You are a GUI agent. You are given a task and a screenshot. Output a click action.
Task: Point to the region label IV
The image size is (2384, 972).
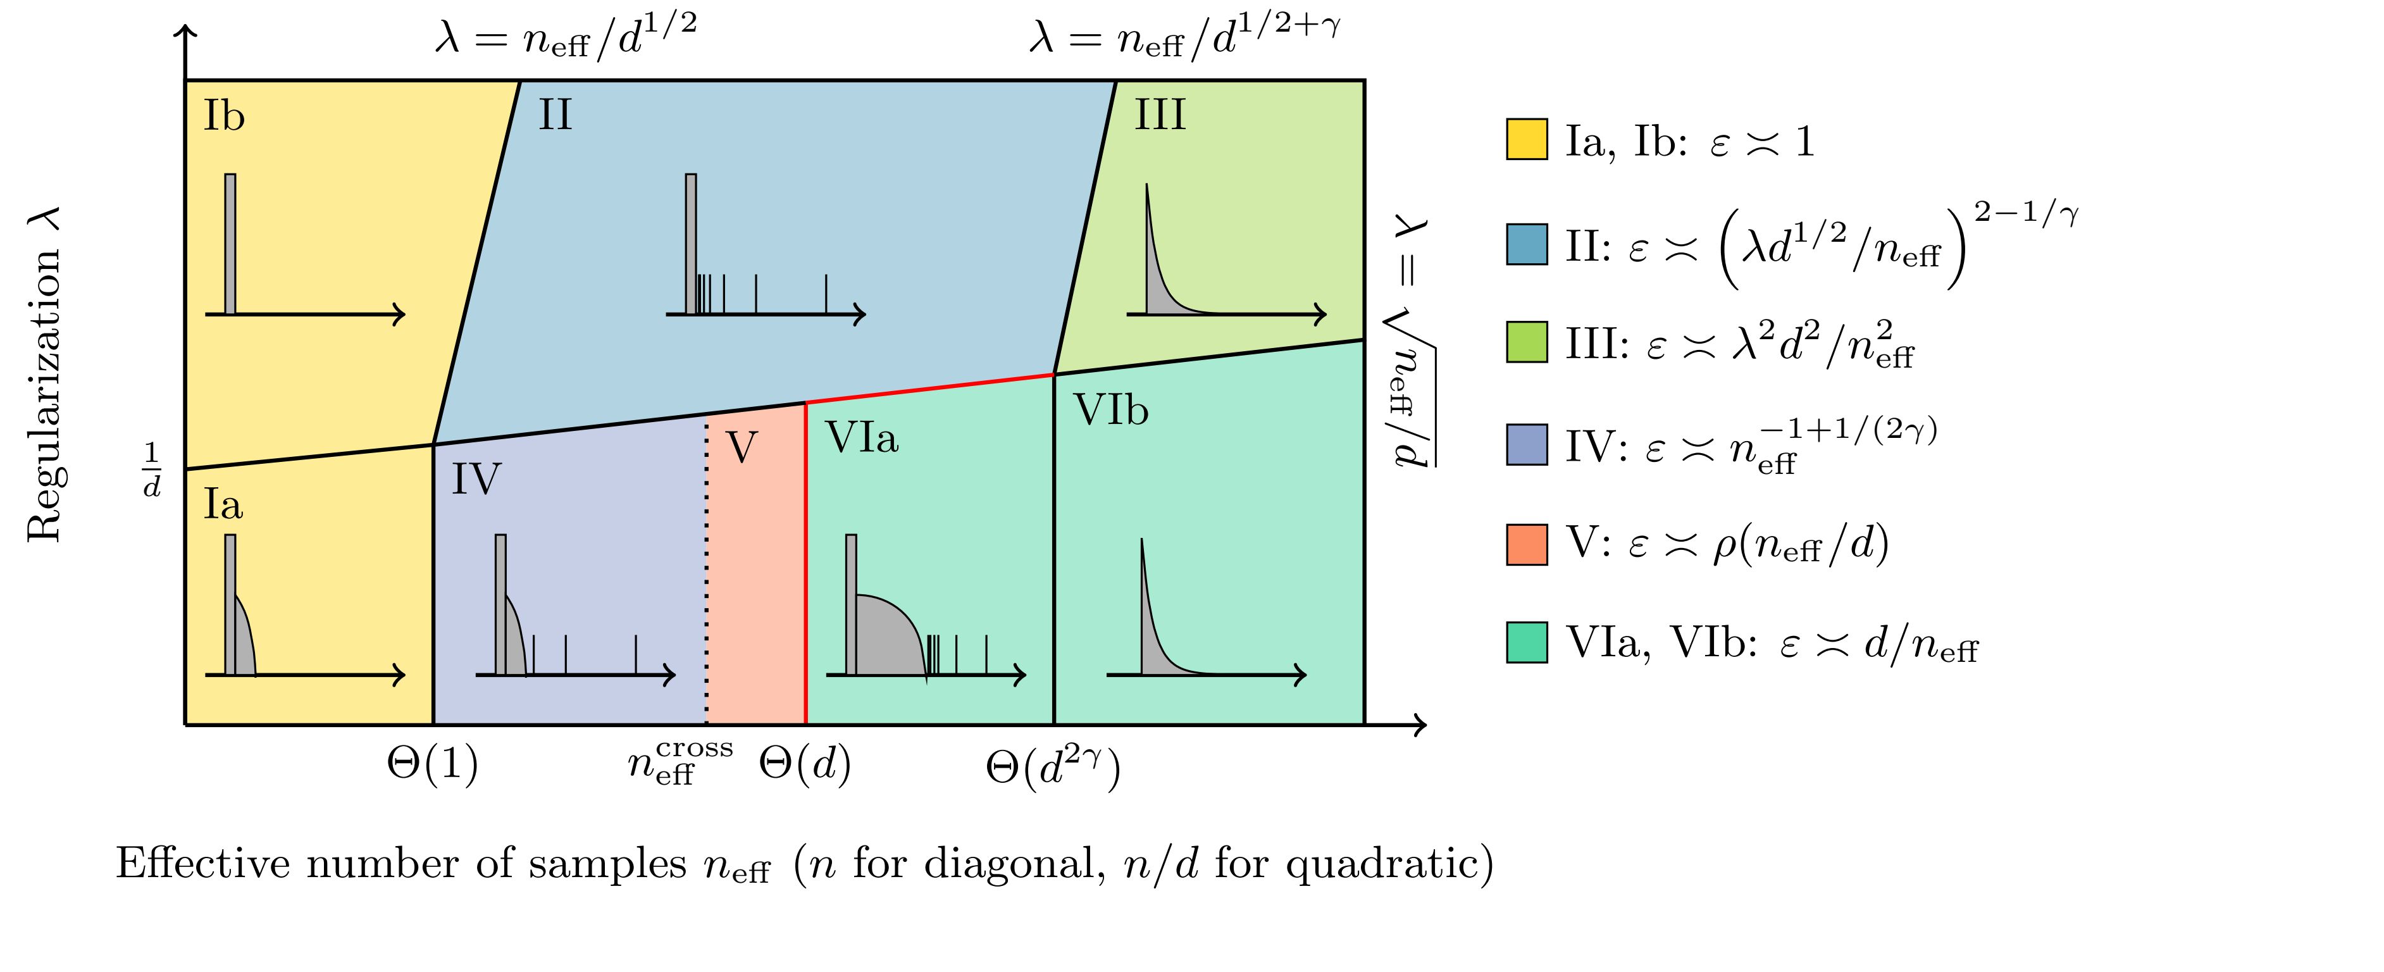(x=476, y=480)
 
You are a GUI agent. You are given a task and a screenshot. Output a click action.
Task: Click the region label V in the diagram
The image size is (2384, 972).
(x=742, y=448)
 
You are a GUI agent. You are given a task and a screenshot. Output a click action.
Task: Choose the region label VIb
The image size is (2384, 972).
(x=1110, y=410)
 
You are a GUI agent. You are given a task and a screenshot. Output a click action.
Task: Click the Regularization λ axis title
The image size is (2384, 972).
(x=44, y=374)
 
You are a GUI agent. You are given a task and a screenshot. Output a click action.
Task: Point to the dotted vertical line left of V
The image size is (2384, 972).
(x=707, y=574)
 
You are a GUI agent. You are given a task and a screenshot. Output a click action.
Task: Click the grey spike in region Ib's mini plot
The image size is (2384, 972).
(x=230, y=244)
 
